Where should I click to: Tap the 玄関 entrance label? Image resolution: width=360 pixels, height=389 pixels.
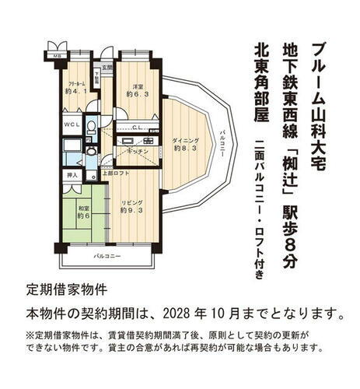107,67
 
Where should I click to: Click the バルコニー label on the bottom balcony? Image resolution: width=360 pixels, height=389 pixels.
107,256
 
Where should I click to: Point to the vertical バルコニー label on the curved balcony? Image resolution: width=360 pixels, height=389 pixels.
222,145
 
